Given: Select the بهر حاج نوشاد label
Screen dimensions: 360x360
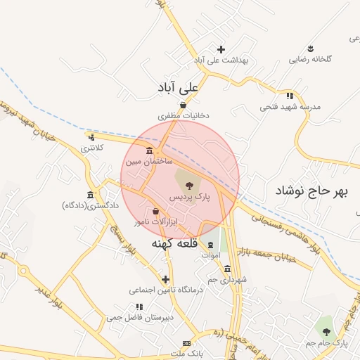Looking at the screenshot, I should click(311, 191).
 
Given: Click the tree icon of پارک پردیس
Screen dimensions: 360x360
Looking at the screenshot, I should click(188, 184).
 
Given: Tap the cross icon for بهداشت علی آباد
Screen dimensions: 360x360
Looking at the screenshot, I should click(221, 49).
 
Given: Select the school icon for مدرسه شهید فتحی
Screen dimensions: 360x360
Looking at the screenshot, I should click(289, 96).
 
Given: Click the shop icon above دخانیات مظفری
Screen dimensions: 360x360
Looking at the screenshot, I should click(183, 105).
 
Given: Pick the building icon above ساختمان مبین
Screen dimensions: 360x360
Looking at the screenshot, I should click(149, 151).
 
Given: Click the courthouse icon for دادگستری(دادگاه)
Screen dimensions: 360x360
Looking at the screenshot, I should click(90, 195).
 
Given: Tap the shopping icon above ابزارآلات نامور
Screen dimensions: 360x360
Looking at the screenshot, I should click(155, 210).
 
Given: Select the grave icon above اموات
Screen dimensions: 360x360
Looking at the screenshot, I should click(210, 244).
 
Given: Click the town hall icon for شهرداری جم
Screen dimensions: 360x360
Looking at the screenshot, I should click(226, 269).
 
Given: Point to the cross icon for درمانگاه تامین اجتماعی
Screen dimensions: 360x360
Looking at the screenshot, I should click(165, 279).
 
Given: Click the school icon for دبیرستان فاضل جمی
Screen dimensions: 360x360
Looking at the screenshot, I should click(139, 307).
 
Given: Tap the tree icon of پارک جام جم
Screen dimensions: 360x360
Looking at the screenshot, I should click(324, 330).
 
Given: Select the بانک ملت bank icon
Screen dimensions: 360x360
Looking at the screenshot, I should click(186, 342).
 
